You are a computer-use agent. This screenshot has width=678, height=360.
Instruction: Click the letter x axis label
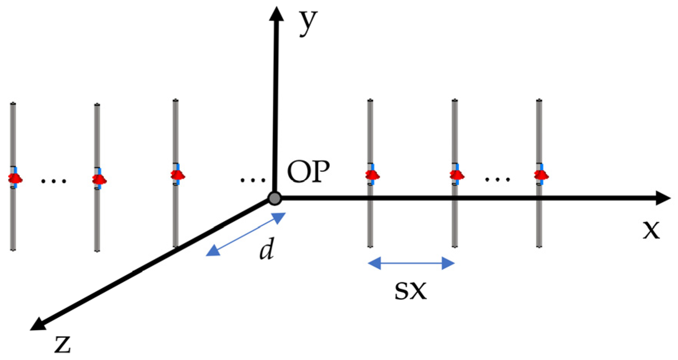pos(651,230)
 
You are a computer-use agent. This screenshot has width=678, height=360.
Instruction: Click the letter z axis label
pos(62,344)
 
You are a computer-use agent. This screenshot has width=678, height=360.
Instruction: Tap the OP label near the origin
pos(308,172)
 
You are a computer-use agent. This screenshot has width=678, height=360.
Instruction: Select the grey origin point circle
pos(275,198)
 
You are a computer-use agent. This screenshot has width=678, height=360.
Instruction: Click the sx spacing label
pos(410,291)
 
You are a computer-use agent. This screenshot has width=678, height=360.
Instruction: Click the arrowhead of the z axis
pos(38,324)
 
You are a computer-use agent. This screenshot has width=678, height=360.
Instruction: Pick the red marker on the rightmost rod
pos(541,175)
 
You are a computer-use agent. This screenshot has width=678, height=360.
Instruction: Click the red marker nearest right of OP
pos(372,175)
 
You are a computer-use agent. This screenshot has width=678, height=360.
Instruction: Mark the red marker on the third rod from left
pos(177,175)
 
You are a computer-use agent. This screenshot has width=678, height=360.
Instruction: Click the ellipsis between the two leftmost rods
pos(54,181)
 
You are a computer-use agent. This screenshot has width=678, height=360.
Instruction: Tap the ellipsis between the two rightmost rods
pos(497,179)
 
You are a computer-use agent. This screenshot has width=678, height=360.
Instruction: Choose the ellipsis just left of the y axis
pos(252,179)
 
